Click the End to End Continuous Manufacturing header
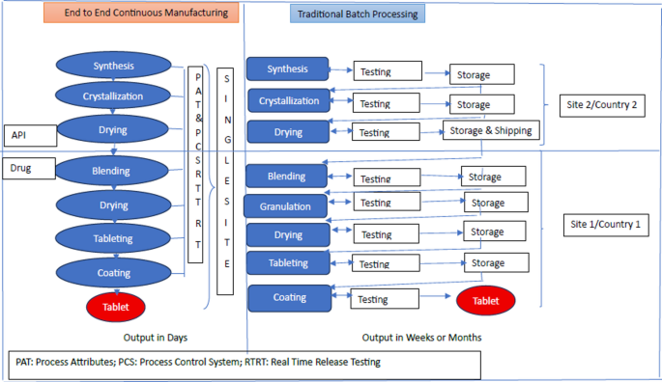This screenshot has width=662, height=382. coord(142,14)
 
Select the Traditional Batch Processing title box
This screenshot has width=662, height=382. coord(358,15)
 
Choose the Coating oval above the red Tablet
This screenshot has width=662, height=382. coord(113,273)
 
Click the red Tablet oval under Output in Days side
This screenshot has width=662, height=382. coord(115,307)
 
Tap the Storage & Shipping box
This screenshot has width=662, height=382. coord(489,131)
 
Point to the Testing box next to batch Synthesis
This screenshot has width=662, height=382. coord(386,71)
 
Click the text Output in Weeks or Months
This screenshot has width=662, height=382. coord(421,337)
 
